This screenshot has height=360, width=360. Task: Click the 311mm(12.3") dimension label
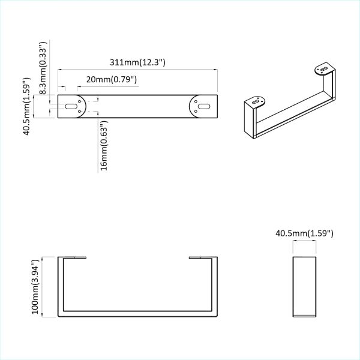coord(137,62)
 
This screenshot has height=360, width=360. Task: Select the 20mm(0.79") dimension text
coord(112,79)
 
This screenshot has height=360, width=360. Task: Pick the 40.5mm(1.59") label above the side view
coord(304,233)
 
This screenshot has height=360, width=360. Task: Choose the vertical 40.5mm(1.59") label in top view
coord(27,106)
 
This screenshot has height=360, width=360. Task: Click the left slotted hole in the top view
coord(71,106)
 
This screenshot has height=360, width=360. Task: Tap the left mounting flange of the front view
coord(73,258)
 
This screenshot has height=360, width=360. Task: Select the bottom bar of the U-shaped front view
coord(137,314)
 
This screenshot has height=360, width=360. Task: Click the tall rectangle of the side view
coord(304,286)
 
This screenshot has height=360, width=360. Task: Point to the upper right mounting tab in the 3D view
coord(325,70)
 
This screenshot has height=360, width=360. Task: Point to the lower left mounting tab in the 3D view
coord(257,101)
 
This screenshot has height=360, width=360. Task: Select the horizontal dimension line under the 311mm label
coord(137,70)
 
